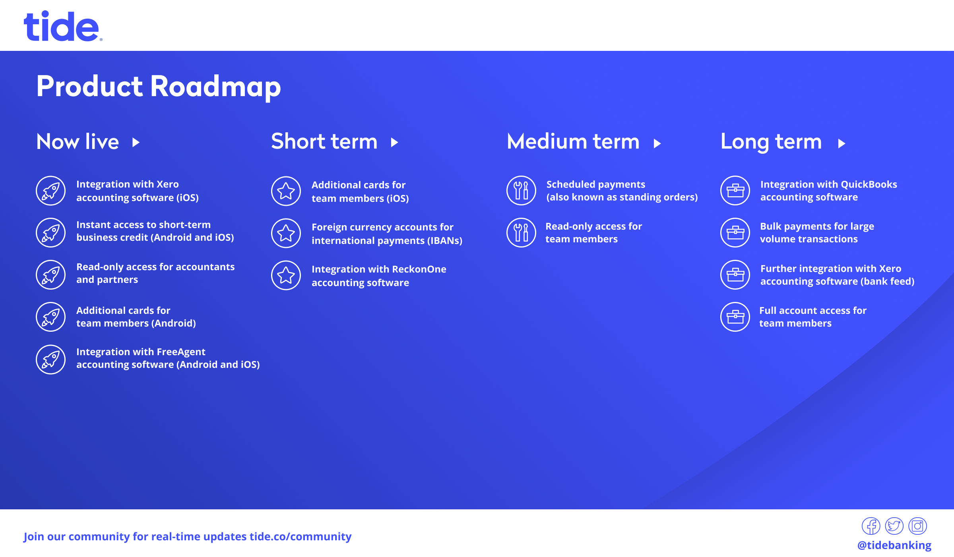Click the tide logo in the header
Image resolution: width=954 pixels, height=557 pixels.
click(x=63, y=26)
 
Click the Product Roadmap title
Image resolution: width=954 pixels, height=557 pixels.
click(x=159, y=86)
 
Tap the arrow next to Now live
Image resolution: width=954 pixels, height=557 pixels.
click(x=136, y=142)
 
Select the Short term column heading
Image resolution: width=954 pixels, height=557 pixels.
click(x=324, y=141)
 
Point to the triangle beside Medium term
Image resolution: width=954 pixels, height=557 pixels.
click(x=657, y=143)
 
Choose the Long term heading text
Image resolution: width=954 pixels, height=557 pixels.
click(x=771, y=142)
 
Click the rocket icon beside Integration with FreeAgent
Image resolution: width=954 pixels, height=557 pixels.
click(x=51, y=360)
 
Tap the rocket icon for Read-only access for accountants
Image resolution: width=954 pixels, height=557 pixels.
click(x=51, y=275)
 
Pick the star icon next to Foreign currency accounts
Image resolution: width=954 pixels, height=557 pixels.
click(x=286, y=233)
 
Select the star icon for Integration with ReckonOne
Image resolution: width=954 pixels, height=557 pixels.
click(x=286, y=275)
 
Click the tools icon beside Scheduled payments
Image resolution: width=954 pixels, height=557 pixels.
click(x=522, y=190)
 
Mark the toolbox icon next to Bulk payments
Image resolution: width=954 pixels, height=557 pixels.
click(x=735, y=232)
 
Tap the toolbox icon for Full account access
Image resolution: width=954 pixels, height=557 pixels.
click(x=735, y=317)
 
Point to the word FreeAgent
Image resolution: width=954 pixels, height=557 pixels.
click(x=181, y=352)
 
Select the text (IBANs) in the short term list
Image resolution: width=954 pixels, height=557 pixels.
click(x=445, y=241)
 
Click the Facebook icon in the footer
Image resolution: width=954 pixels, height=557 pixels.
click(x=871, y=526)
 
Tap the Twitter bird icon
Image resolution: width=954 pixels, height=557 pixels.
click(x=894, y=526)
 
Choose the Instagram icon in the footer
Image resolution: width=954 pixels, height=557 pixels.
click(x=918, y=526)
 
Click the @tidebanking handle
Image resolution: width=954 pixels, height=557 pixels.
click(x=894, y=545)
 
